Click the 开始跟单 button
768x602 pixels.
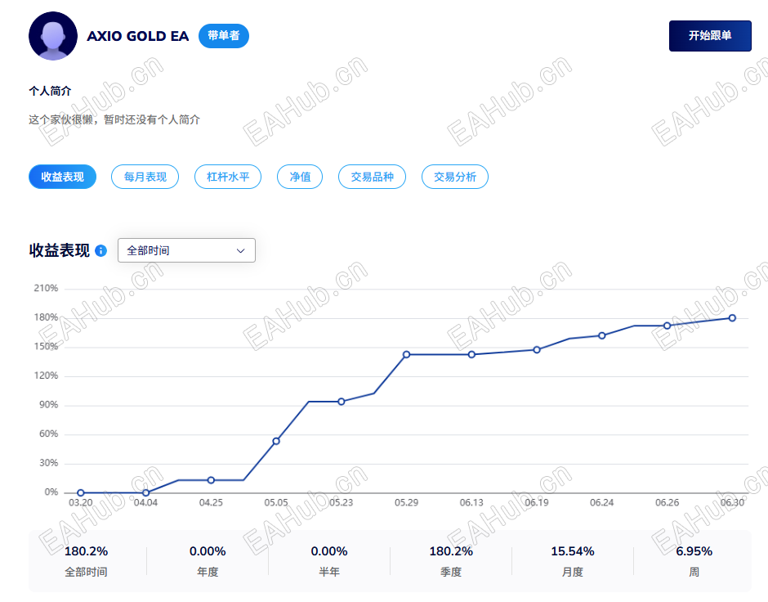710,36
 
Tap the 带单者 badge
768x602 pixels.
224,36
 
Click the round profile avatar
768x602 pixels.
53,36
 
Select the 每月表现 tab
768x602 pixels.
145,177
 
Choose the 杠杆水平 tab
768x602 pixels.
228,177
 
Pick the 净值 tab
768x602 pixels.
300,177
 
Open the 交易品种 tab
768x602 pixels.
373,177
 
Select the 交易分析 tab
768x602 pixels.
455,177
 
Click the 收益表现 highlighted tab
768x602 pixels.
62,177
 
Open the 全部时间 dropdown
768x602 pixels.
186,250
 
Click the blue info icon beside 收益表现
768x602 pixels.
100,250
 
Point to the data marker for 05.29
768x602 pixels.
407,354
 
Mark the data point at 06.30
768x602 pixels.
732,318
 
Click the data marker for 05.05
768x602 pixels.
276,441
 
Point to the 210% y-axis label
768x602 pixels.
46,288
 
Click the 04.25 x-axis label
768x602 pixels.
211,502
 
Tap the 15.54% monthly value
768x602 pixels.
573,551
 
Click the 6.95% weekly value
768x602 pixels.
694,551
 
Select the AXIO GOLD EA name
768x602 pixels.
137,36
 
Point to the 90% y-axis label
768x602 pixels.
48,405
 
